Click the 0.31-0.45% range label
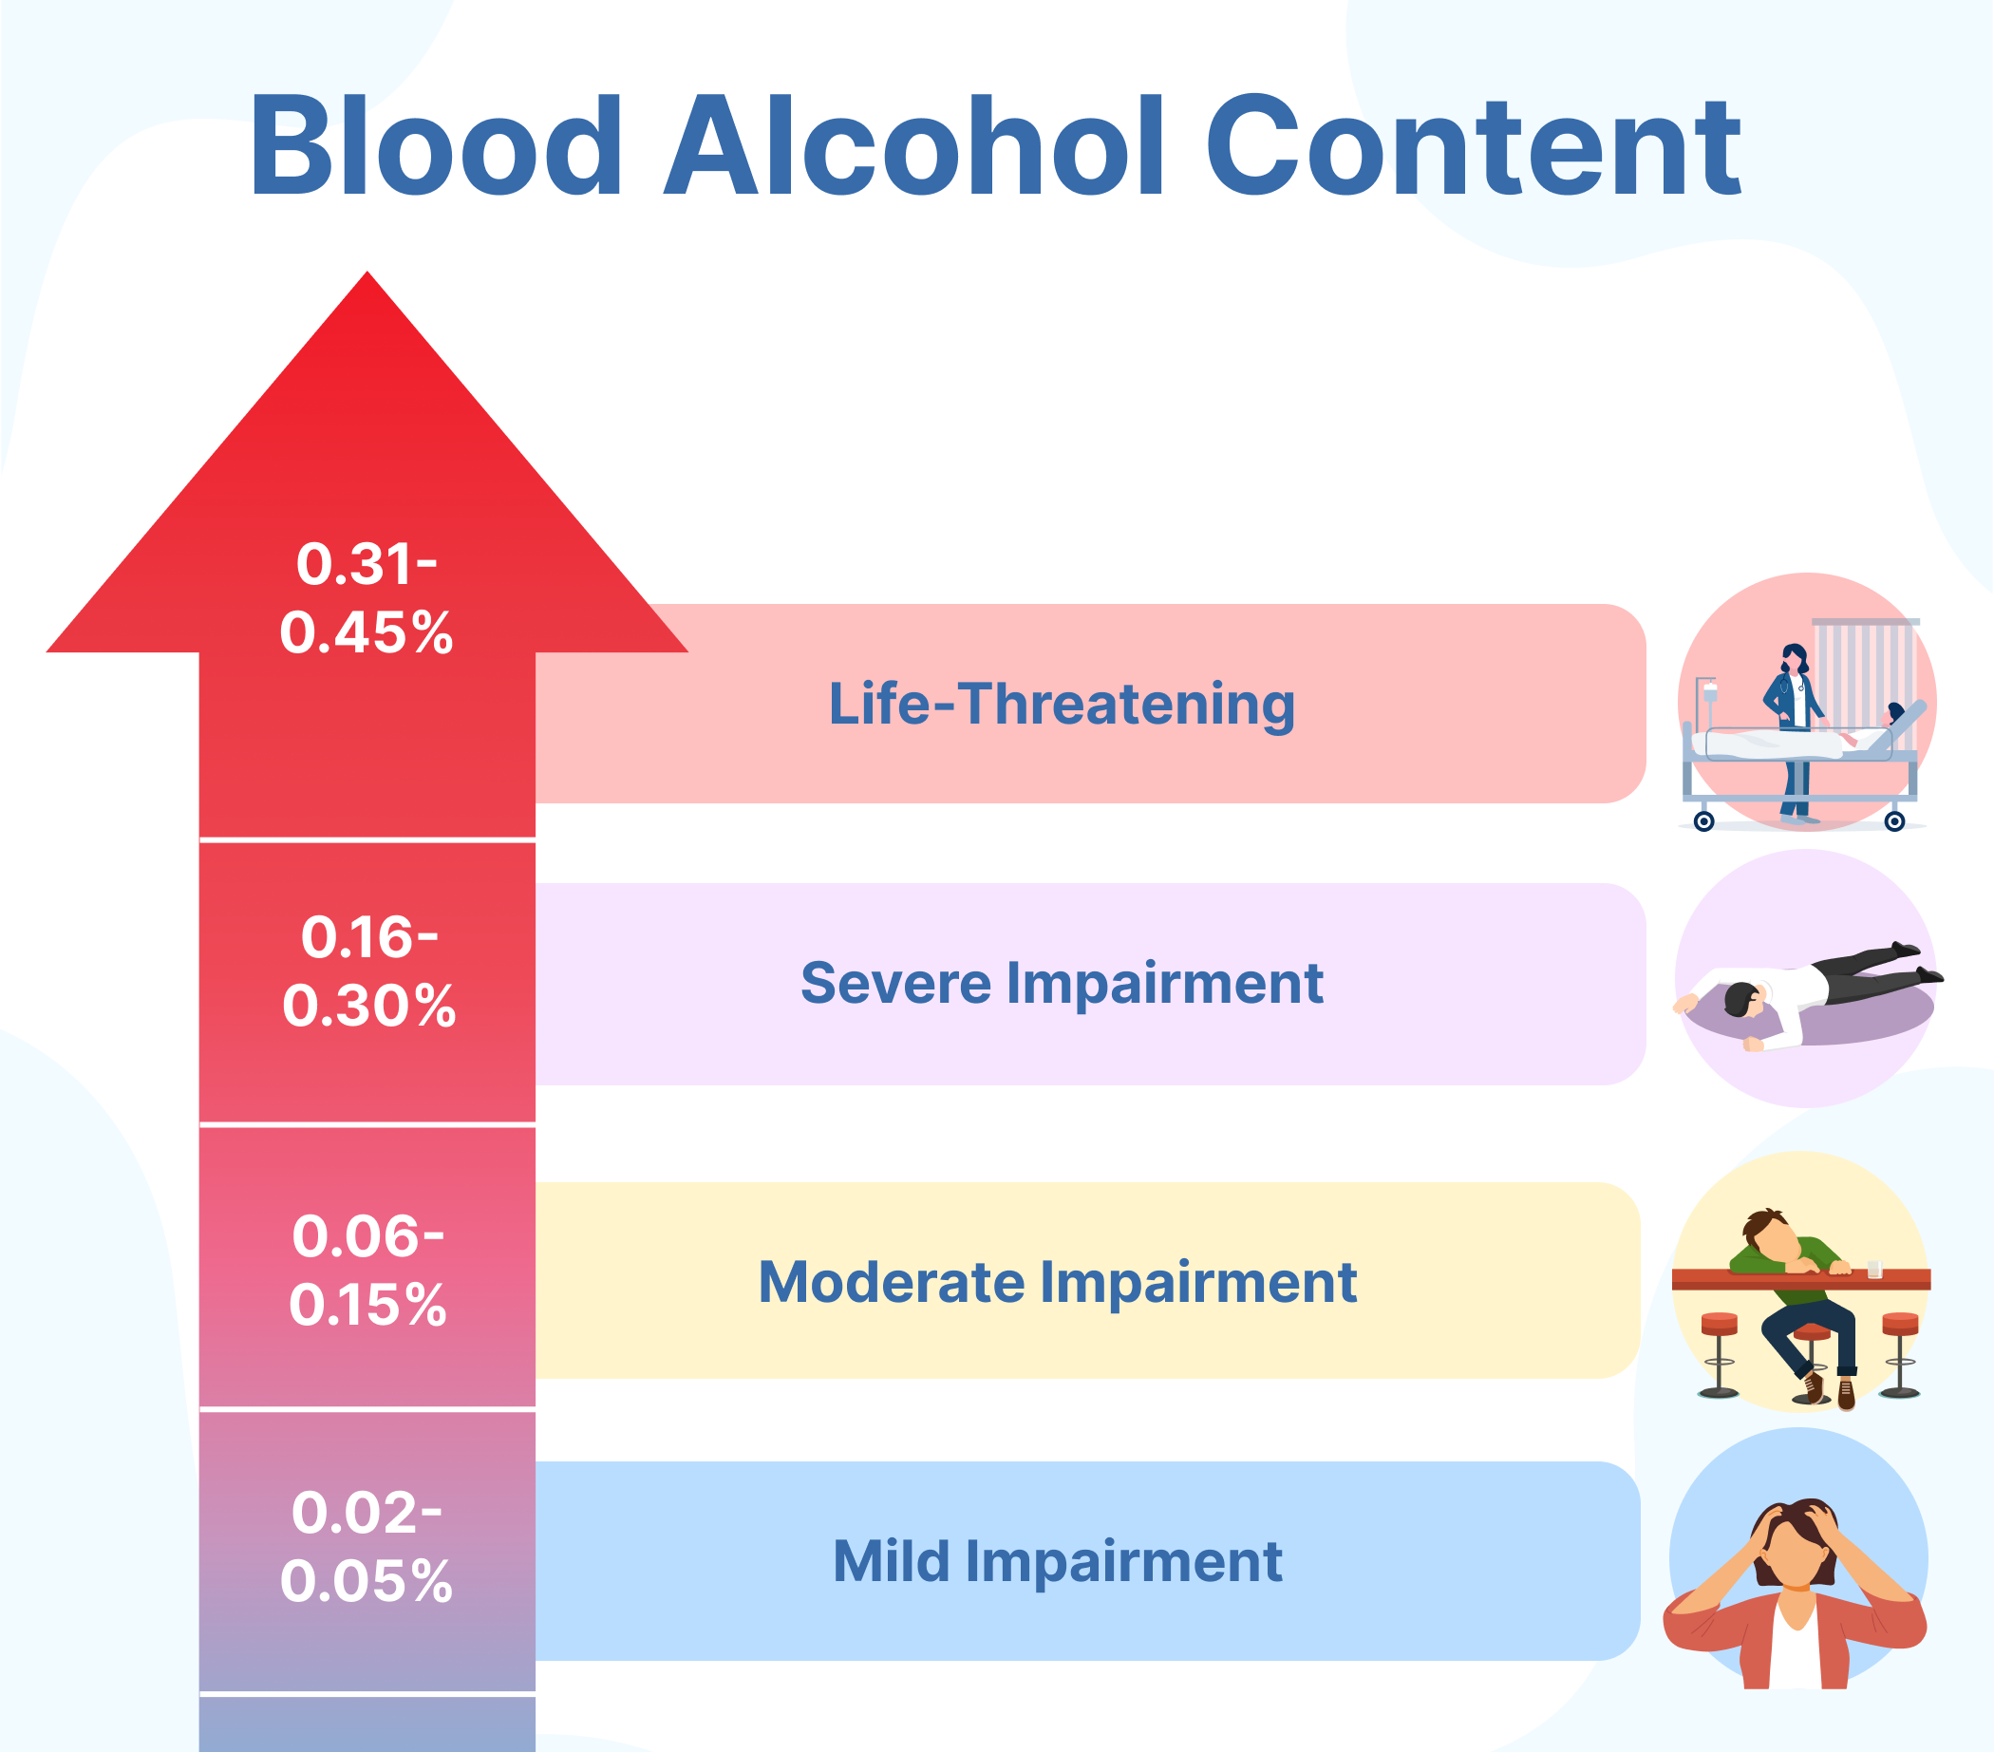pos(367,598)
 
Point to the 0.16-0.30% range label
pos(368,970)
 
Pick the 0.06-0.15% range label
pos(367,1271)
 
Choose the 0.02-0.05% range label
pos(367,1546)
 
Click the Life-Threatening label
pos(1062,704)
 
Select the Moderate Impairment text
pos(1058,1282)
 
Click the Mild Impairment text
pos(1058,1561)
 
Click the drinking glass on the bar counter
pos(1874,1268)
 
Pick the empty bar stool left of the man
pos(1719,1351)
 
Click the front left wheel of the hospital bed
pos(1704,821)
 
